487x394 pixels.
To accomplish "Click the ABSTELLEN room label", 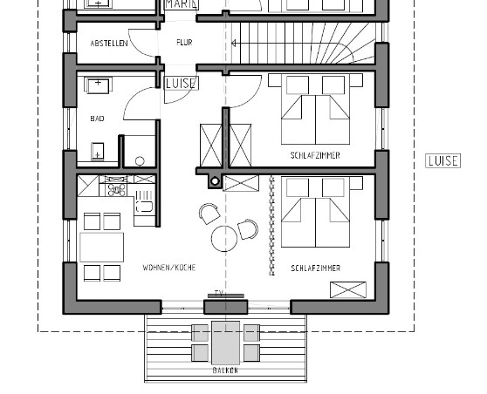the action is (109, 43).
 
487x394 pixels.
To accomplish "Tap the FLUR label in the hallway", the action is (184, 42).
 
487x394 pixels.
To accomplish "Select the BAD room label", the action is (97, 119).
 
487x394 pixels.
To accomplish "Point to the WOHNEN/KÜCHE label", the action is (169, 268).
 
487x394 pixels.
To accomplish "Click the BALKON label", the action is (225, 370).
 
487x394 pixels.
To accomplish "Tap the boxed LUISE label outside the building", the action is (442, 161).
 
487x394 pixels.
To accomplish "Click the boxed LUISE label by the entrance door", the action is (182, 84).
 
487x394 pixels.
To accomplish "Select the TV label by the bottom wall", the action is (219, 293).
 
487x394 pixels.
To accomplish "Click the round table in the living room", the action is (224, 238).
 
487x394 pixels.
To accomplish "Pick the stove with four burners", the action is (116, 189).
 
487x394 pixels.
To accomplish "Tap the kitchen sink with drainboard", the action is (144, 203).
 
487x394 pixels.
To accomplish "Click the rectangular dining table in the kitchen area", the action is (101, 248).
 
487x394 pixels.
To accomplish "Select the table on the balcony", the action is (225, 343).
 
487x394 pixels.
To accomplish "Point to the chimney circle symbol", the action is (215, 181).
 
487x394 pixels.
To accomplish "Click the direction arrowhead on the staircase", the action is (234, 43).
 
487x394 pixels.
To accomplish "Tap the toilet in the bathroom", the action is (98, 151).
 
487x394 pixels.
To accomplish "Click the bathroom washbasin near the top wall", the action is (98, 85).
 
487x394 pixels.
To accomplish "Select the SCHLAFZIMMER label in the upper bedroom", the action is (315, 155).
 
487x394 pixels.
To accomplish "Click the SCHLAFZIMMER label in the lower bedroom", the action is (316, 268).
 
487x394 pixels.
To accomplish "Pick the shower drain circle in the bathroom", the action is (140, 161).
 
